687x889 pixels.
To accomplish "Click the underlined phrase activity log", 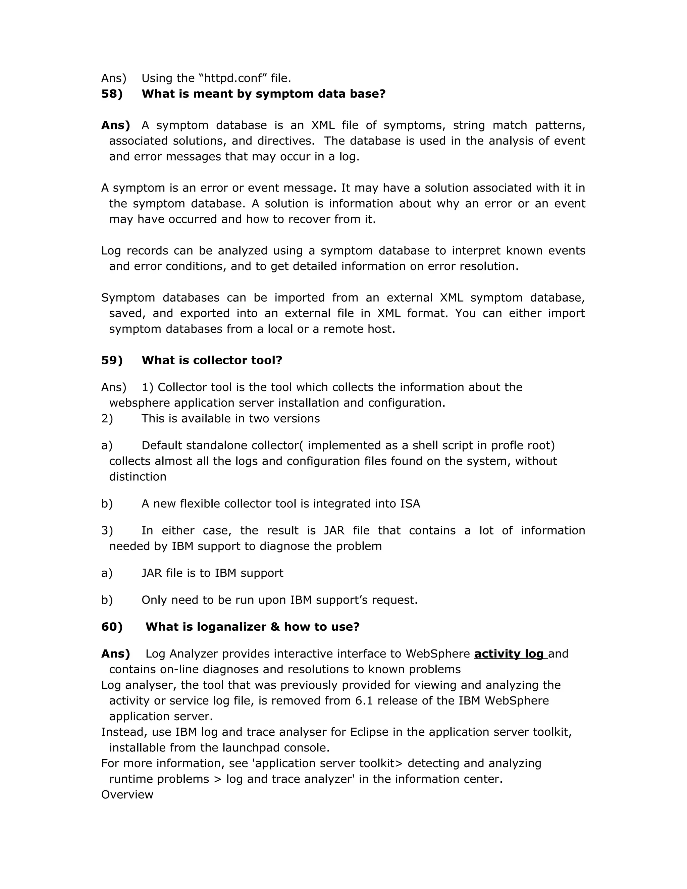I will (x=509, y=654).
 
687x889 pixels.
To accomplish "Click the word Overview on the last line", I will (x=127, y=794).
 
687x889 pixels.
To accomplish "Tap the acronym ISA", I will (x=410, y=504).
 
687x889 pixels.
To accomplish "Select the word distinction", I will (x=138, y=477).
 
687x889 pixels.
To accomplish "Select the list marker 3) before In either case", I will (x=107, y=531).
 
